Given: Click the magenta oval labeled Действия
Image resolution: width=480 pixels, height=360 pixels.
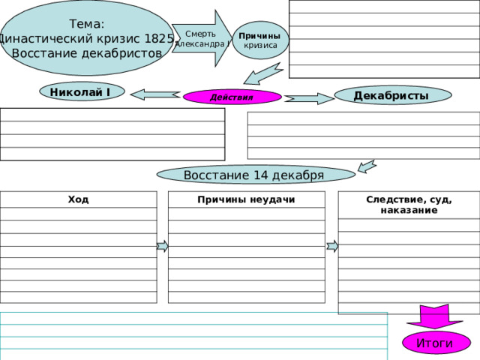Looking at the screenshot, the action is (232, 97).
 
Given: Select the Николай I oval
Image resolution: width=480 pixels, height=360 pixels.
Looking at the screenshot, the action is (82, 91).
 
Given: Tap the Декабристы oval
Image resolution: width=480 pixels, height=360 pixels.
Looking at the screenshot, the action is (393, 95).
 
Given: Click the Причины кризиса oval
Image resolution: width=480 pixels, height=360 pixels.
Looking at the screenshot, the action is (260, 40).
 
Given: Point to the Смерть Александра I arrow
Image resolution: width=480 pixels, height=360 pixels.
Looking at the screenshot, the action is (202, 38).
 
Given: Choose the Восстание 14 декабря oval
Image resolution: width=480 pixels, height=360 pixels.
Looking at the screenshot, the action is (256, 175).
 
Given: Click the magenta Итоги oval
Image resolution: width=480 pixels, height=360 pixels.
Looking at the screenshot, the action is (436, 343).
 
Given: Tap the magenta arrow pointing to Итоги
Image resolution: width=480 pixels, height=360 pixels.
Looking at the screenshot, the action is (434, 316).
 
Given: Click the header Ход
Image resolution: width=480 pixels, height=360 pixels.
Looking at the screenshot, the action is (78, 199).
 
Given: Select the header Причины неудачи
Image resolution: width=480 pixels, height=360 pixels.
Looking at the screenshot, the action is (246, 199).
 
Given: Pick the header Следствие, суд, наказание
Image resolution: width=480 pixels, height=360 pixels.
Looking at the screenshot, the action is (409, 205).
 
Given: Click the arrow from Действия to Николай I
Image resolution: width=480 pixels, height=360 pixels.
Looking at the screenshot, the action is (155, 94).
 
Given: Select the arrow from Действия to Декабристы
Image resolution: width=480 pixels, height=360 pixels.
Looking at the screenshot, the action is (309, 98).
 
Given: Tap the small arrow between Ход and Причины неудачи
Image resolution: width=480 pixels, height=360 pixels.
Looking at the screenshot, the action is (163, 246).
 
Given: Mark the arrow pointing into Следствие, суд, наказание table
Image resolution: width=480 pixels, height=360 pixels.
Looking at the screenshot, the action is (332, 246).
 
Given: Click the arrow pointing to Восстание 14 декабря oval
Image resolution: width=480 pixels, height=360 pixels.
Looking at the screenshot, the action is (367, 166).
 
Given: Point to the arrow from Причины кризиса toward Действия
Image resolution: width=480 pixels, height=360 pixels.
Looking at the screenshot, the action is (262, 73).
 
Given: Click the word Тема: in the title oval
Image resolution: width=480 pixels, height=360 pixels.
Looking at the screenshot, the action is (87, 24).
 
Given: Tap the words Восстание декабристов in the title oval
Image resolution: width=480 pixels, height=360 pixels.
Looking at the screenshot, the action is (87, 53).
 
